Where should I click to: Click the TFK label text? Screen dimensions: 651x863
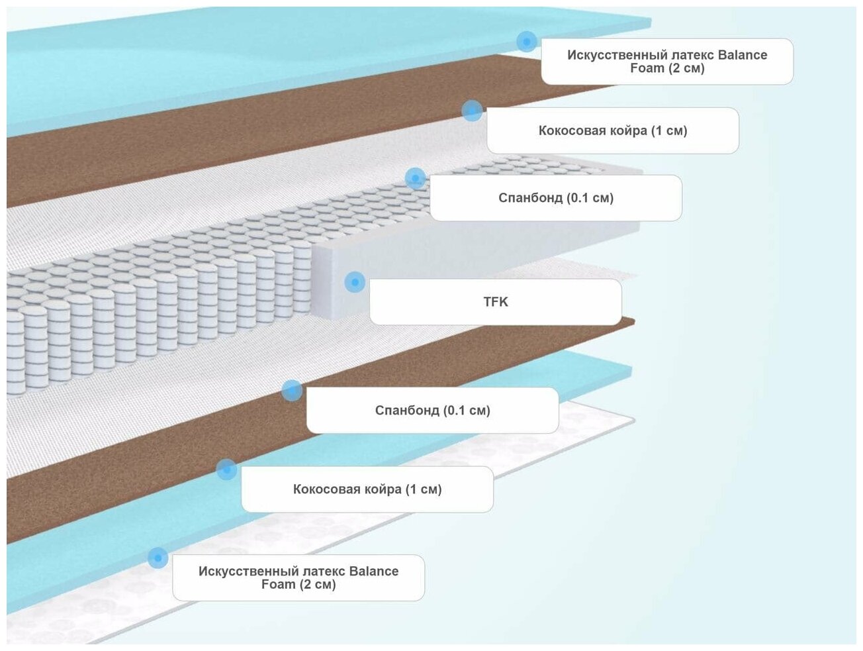pos(496,302)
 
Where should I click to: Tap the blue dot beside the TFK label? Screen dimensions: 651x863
pos(355,282)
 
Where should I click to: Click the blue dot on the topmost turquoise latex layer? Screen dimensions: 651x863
pos(527,42)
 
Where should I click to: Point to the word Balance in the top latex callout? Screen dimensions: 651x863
pos(743,55)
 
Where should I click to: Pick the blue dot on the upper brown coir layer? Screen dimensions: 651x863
pos(472,111)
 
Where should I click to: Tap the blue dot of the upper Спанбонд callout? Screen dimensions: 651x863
pos(415,178)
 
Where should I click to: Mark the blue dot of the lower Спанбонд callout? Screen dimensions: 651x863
pos(292,391)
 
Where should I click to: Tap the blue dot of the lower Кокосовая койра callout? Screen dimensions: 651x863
pos(226,470)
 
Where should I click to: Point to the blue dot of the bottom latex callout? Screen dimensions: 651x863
pos(158,558)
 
